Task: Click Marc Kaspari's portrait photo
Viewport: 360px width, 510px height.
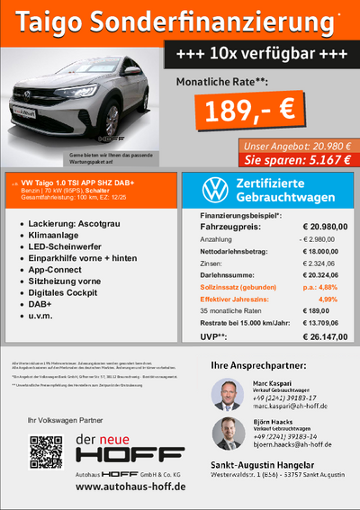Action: point(226,393)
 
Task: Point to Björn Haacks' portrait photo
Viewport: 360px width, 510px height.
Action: point(226,433)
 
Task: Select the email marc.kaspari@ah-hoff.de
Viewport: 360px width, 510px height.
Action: point(288,406)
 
